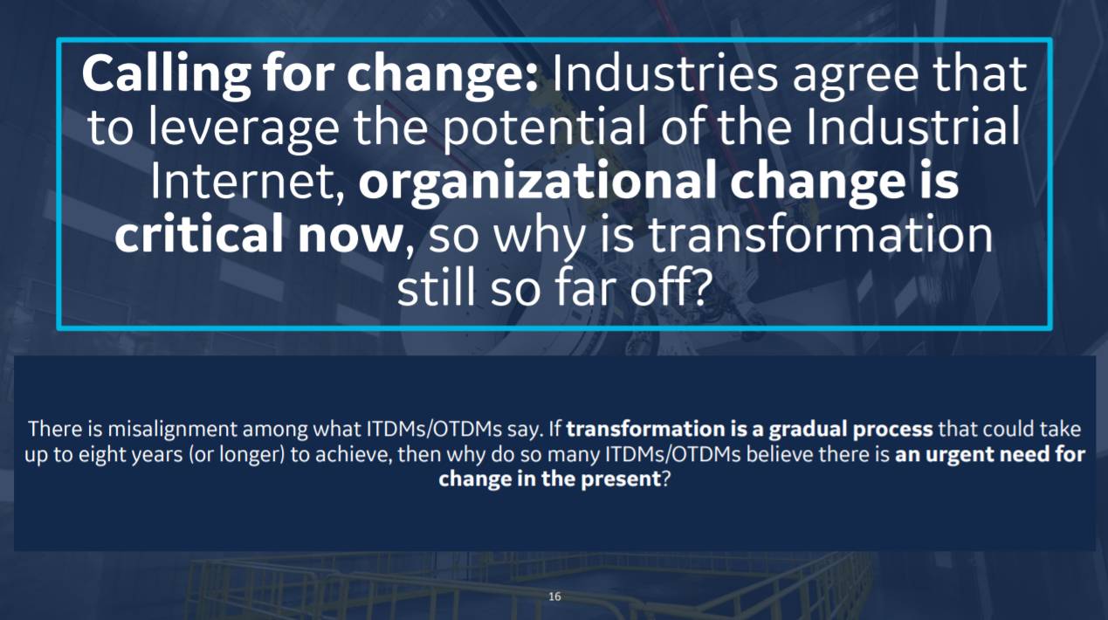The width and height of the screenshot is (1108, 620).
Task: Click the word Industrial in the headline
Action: point(913,127)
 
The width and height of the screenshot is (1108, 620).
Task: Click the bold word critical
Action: point(199,233)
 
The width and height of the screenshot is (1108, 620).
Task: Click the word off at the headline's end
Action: point(669,287)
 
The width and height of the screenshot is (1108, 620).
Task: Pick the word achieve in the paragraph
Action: point(353,454)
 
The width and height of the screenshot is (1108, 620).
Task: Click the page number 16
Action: point(554,596)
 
